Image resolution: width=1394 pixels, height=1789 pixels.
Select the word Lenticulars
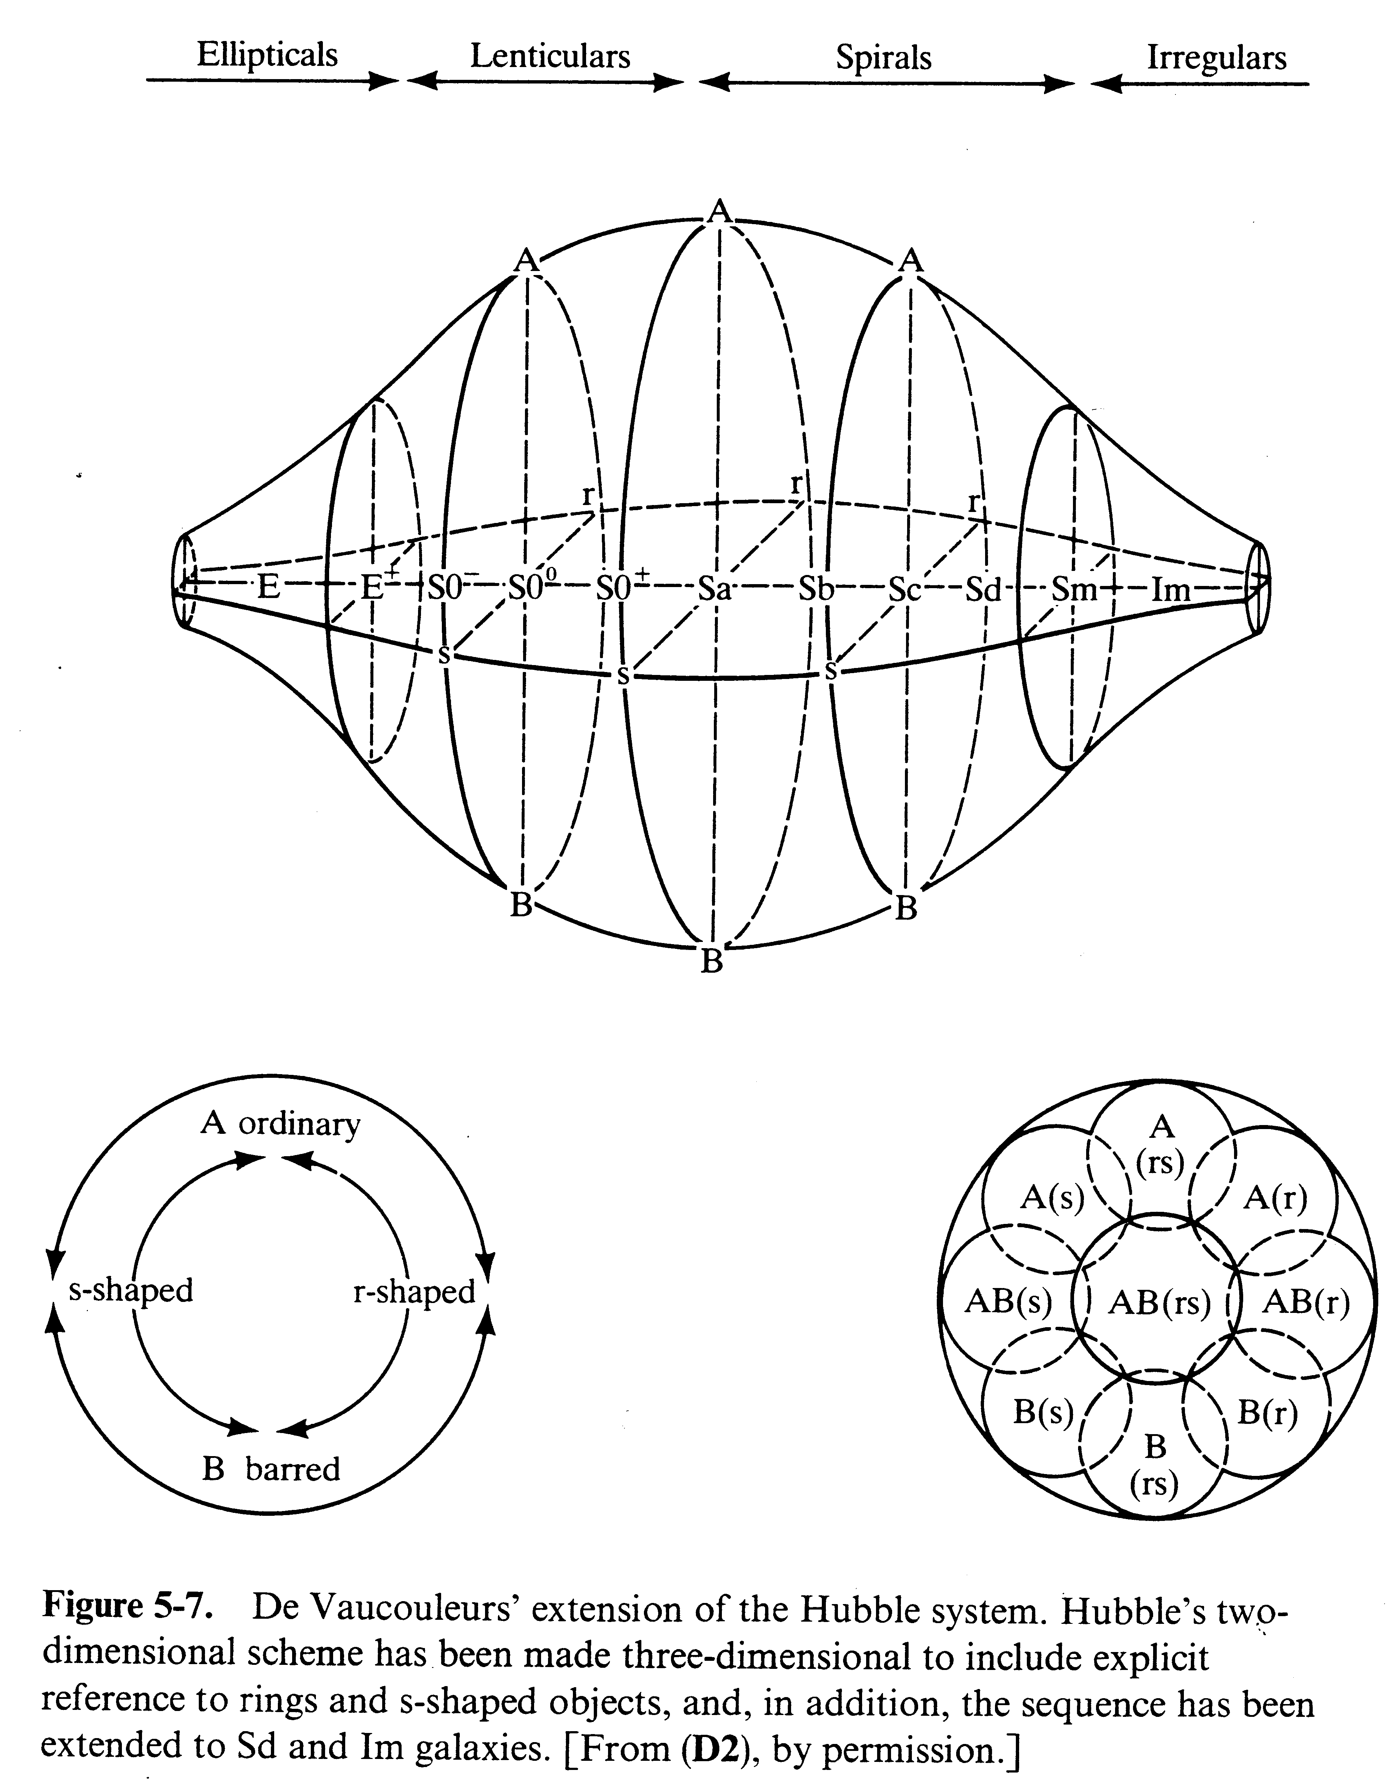549,56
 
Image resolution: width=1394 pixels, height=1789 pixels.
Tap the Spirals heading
884,58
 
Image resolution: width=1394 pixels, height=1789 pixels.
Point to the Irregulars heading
1216,58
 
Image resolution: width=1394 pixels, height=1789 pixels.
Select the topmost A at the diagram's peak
719,211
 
